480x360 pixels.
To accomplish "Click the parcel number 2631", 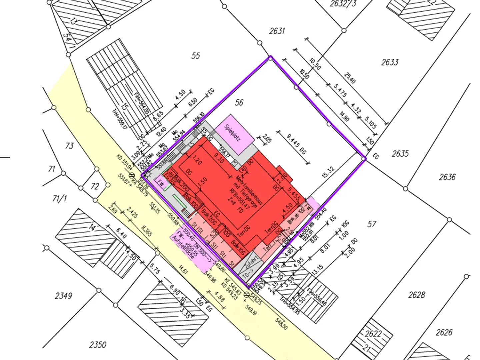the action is [277, 31].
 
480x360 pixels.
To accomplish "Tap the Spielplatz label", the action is [232, 133].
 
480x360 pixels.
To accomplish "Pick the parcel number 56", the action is [239, 102].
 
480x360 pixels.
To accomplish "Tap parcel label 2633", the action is [390, 62].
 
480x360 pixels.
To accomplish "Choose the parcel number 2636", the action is [447, 177].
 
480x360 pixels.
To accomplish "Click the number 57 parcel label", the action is [372, 224].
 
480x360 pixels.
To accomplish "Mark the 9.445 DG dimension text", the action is [296, 144].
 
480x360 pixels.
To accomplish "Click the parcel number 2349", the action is [63, 296].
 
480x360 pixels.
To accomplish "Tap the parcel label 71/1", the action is [59, 199].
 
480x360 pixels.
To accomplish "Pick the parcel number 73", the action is [69, 146].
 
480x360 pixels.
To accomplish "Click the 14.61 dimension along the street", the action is [183, 269].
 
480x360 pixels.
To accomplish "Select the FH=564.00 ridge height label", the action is [142, 104].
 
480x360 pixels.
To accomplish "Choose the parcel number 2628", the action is [417, 295].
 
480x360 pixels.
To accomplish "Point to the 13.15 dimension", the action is [317, 270].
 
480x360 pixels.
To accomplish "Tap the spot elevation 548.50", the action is [281, 324].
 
